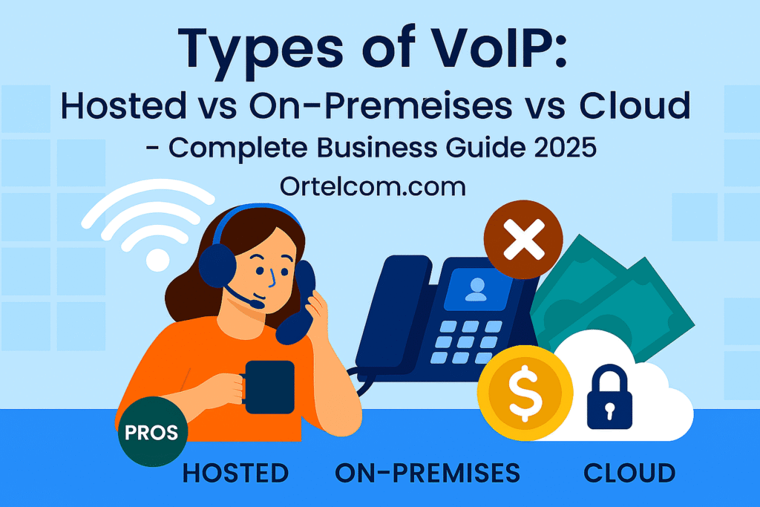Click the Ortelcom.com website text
[373, 186]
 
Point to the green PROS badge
[152, 433]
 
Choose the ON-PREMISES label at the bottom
[427, 473]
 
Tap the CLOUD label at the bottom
[629, 473]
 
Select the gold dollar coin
[525, 392]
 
